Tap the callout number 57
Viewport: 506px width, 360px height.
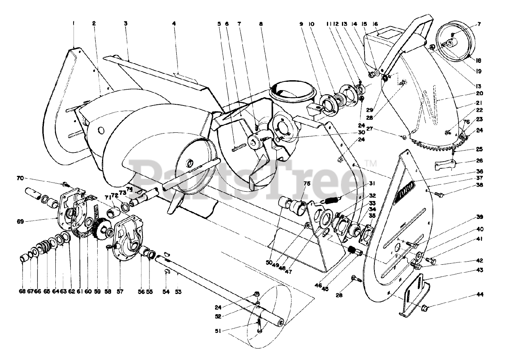point(120,292)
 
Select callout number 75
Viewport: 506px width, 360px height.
point(307,183)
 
